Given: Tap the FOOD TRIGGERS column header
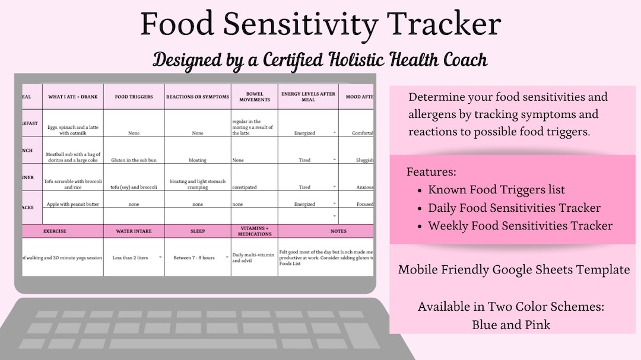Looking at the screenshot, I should [x=134, y=97].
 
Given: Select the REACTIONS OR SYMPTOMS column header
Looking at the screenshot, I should [x=198, y=97].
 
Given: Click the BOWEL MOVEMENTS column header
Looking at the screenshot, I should [x=255, y=97].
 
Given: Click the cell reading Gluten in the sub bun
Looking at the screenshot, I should [x=134, y=160].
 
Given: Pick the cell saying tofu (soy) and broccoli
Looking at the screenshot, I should [x=134, y=187].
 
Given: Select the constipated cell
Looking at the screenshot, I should [x=245, y=187].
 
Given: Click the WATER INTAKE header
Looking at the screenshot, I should [x=134, y=231].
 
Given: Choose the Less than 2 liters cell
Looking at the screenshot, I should [x=130, y=257].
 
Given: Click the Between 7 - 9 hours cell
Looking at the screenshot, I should [x=194, y=257].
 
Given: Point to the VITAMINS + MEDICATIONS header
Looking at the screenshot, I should [x=255, y=231].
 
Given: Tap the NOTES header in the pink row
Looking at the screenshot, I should [x=326, y=231].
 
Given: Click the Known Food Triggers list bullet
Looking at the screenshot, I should [x=496, y=190].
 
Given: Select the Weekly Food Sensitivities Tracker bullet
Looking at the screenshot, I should [x=520, y=226].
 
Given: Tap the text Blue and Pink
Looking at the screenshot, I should [x=511, y=324].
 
